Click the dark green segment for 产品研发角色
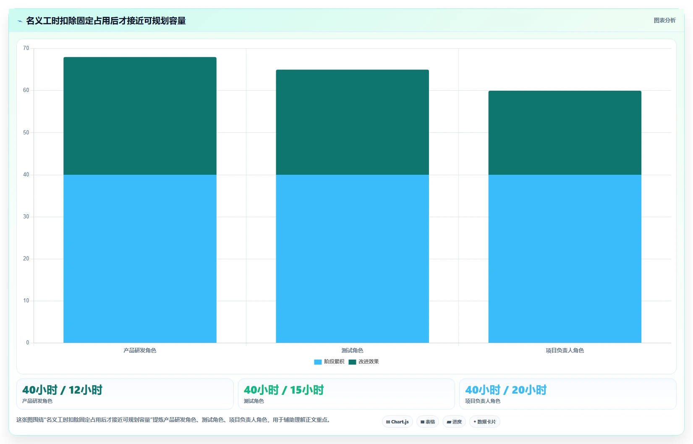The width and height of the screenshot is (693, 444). tap(140, 116)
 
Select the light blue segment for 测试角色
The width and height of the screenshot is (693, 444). tap(353, 259)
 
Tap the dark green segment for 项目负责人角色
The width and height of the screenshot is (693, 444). tap(565, 133)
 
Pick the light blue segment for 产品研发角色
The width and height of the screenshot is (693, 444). tap(140, 259)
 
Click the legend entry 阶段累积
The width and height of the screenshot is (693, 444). tap(329, 362)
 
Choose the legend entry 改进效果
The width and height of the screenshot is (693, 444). tap(364, 362)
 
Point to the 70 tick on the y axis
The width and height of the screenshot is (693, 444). tap(26, 48)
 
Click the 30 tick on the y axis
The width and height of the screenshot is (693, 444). tap(26, 217)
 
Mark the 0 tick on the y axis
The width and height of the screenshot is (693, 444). tap(28, 343)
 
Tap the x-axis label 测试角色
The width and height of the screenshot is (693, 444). tap(353, 350)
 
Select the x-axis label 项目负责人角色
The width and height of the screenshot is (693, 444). tap(565, 350)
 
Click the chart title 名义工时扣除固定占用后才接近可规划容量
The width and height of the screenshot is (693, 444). tap(106, 21)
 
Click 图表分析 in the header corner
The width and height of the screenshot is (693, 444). tap(664, 21)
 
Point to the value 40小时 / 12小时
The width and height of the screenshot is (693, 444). tap(62, 390)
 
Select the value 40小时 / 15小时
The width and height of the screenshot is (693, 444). tap(284, 390)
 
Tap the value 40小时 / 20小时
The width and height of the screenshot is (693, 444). tap(506, 390)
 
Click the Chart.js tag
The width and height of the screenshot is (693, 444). tap(397, 422)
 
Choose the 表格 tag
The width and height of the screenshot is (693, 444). tap(428, 422)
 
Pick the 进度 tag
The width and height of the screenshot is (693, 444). tap(454, 422)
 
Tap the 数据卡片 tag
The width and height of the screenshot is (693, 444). tap(485, 422)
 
